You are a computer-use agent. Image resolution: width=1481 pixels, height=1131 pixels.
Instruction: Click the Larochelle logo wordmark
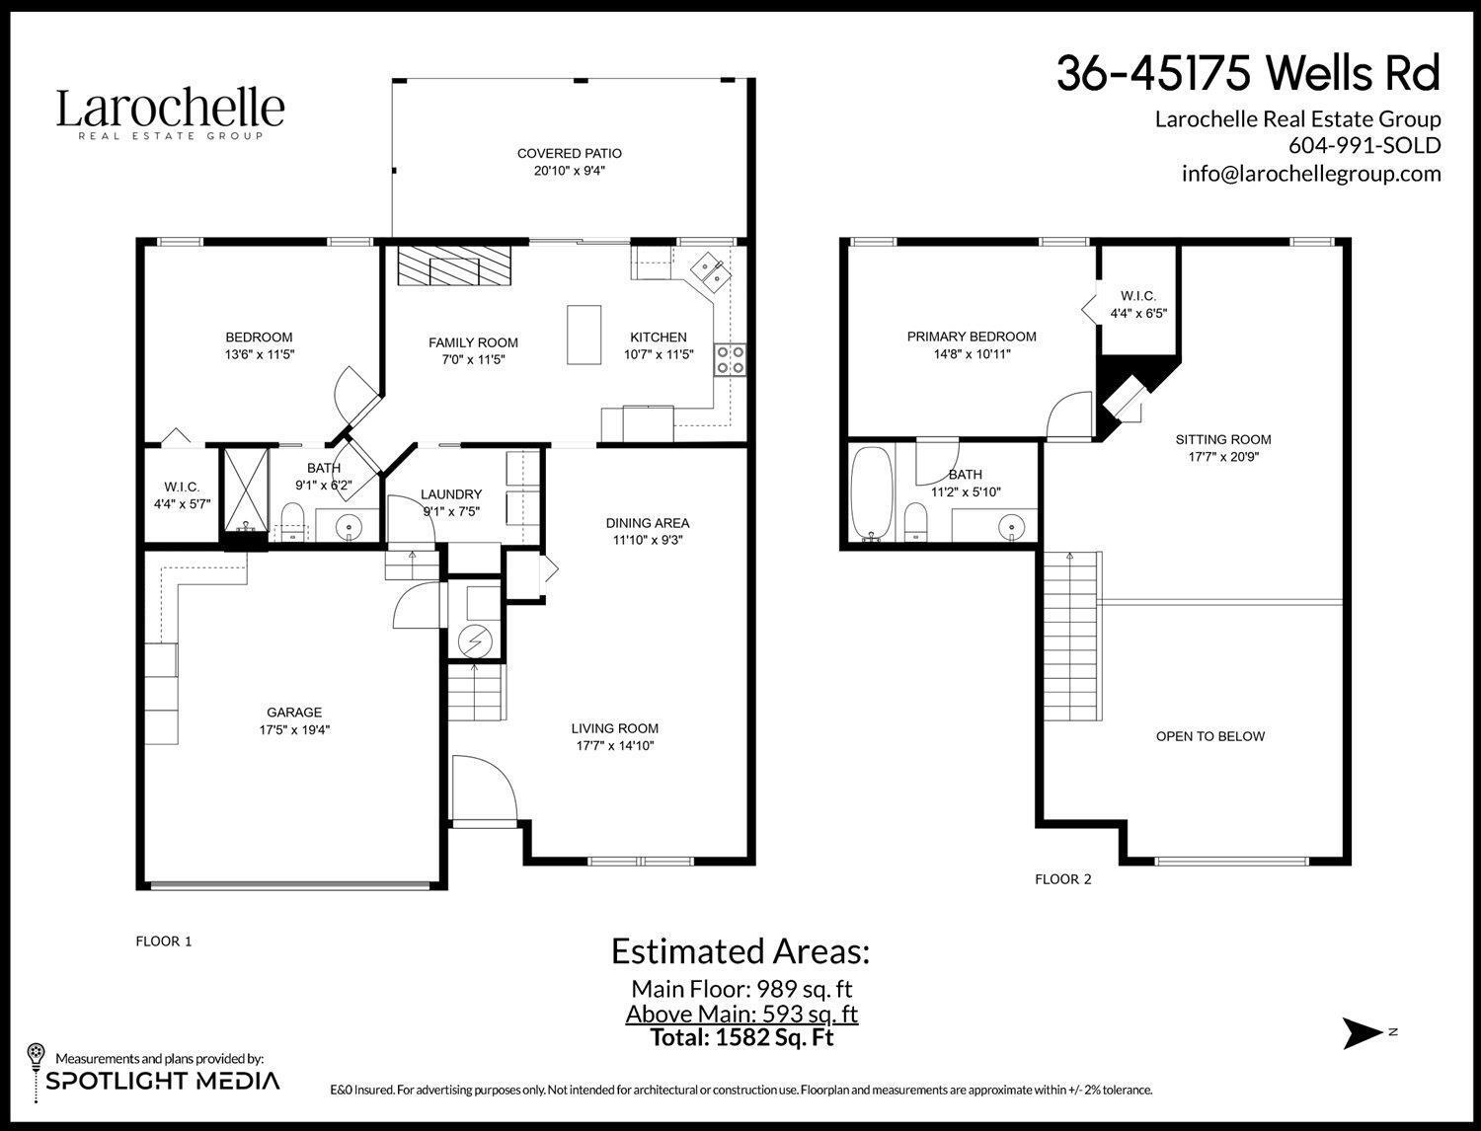(x=170, y=108)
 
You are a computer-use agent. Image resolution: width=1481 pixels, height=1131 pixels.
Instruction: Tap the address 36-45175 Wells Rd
(x=1248, y=73)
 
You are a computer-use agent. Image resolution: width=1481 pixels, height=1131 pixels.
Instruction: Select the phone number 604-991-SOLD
(x=1364, y=145)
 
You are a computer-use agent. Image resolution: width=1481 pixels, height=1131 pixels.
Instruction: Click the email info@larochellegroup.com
(x=1311, y=173)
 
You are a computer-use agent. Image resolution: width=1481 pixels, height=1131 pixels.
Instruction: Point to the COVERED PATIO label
(x=569, y=153)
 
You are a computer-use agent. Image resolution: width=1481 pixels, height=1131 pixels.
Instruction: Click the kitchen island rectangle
(x=584, y=335)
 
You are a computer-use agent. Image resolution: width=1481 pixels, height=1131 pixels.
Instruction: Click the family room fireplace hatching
(x=455, y=266)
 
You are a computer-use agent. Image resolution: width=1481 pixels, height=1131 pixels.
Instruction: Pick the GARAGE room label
(x=294, y=713)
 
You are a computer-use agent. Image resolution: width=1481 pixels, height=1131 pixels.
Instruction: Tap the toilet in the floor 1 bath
(x=293, y=521)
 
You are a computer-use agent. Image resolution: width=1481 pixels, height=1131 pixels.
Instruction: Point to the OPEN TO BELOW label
(x=1209, y=736)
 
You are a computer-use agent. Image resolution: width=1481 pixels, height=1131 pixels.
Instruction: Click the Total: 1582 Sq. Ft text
(x=741, y=1038)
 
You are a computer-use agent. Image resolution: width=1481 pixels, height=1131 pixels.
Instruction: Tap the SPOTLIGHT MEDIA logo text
(x=163, y=1081)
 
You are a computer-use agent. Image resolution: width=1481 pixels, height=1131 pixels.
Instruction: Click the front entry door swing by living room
(x=486, y=787)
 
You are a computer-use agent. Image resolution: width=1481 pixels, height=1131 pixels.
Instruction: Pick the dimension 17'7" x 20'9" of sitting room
(x=1223, y=457)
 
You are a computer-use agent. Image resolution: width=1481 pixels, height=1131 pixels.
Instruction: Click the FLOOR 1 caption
(x=163, y=942)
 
